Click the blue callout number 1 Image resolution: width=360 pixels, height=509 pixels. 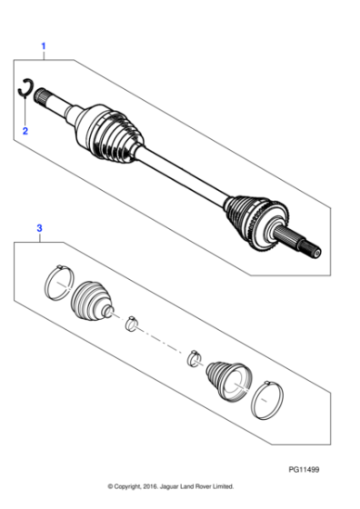tap(41, 45)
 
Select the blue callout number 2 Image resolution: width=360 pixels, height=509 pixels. tap(25, 131)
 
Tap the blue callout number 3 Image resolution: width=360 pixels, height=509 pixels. tap(39, 227)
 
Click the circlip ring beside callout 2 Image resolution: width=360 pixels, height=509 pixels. tap(27, 89)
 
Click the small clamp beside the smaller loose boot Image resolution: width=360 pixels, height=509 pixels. tap(193, 357)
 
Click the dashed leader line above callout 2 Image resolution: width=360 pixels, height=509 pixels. tap(25, 111)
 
